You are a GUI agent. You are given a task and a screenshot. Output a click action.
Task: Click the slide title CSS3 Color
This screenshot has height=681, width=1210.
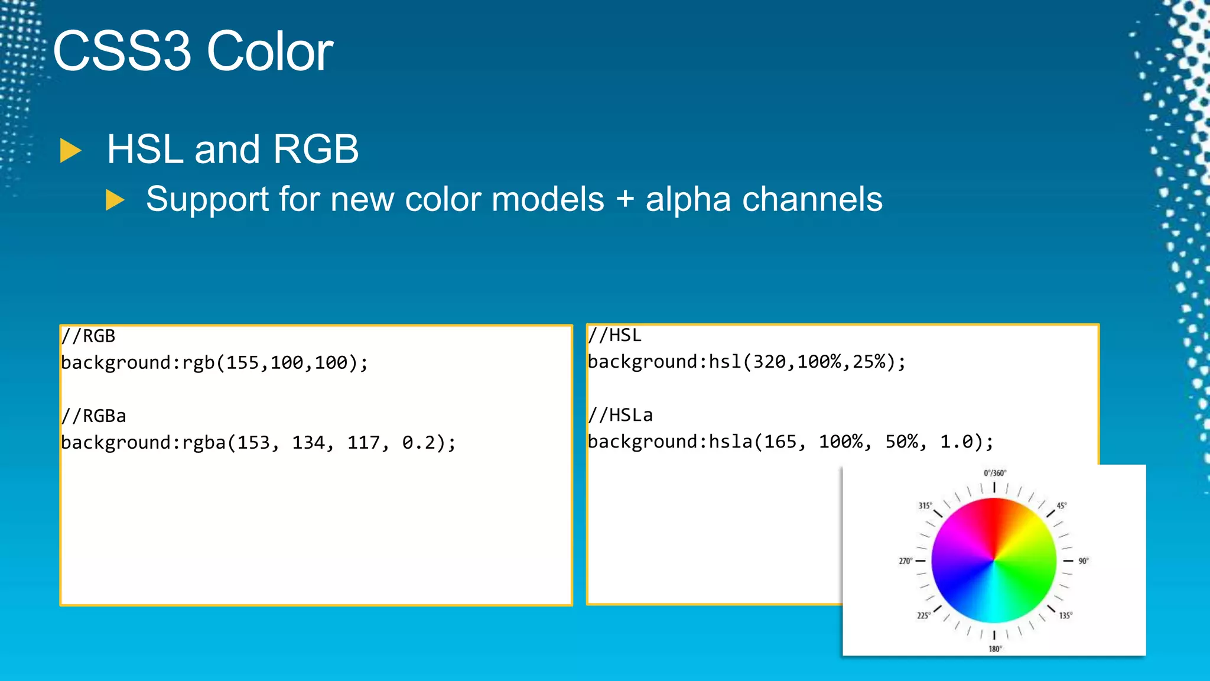pos(193,51)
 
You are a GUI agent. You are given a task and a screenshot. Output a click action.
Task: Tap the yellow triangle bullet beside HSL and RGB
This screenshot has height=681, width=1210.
pos(70,151)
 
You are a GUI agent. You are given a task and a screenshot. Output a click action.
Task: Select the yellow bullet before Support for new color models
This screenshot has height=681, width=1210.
pos(115,200)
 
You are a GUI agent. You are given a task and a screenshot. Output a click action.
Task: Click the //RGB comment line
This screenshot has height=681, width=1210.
pos(89,336)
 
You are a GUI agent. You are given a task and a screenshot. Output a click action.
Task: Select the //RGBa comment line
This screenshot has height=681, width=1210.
pos(94,416)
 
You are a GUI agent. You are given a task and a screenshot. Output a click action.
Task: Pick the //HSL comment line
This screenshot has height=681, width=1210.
pos(615,336)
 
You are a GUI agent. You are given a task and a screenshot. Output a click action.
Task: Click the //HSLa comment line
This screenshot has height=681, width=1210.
pos(620,416)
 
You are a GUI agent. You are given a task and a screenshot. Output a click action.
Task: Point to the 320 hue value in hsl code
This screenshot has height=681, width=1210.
pos(769,362)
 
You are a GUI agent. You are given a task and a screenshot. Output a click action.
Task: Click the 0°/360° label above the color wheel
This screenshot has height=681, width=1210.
pos(995,473)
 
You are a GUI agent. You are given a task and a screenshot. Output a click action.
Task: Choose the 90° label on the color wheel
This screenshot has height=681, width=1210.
pos(1083,561)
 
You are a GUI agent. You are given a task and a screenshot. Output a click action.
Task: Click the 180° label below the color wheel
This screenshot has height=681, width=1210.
pos(995,649)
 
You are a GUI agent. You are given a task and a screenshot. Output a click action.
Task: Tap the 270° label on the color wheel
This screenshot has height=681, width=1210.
pos(905,561)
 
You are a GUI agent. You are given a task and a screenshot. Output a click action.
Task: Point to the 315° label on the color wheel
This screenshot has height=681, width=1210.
pos(925,506)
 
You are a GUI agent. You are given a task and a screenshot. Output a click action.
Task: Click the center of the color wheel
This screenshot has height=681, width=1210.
pos(994,560)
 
